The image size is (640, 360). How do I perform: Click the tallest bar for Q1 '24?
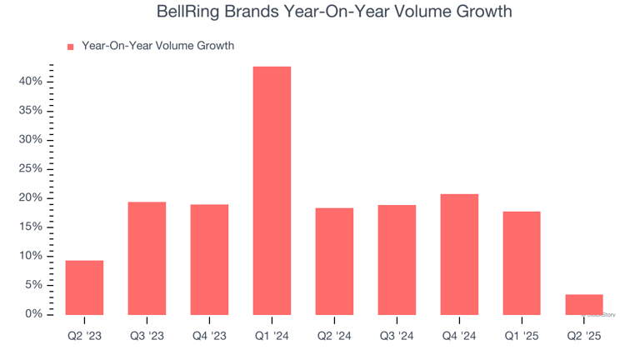pyautogui.click(x=272, y=190)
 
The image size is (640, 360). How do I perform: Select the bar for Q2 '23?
pyautogui.click(x=84, y=287)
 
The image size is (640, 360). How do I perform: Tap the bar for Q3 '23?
pyautogui.click(x=147, y=258)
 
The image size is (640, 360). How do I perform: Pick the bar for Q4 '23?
pyautogui.click(x=209, y=259)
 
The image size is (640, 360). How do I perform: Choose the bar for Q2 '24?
pyautogui.click(x=334, y=261)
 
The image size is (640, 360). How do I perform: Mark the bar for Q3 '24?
pyautogui.click(x=397, y=259)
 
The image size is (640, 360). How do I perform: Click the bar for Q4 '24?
pyautogui.click(x=459, y=254)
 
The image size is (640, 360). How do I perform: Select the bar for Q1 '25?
pyautogui.click(x=522, y=262)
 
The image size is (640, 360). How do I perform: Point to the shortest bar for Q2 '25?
pyautogui.click(x=583, y=304)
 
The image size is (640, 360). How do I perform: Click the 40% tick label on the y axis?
pyautogui.click(x=32, y=82)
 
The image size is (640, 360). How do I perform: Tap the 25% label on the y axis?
pyautogui.click(x=32, y=169)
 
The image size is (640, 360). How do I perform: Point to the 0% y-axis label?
pyautogui.click(x=34, y=314)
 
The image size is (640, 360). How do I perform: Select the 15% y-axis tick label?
pyautogui.click(x=32, y=227)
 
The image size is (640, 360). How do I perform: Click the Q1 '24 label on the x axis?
pyautogui.click(x=272, y=336)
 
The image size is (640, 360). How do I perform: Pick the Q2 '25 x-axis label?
pyautogui.click(x=583, y=336)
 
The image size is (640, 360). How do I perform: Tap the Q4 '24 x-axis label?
pyautogui.click(x=459, y=336)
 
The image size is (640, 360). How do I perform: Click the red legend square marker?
pyautogui.click(x=70, y=47)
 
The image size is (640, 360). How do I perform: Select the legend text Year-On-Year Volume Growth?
pyautogui.click(x=157, y=46)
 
